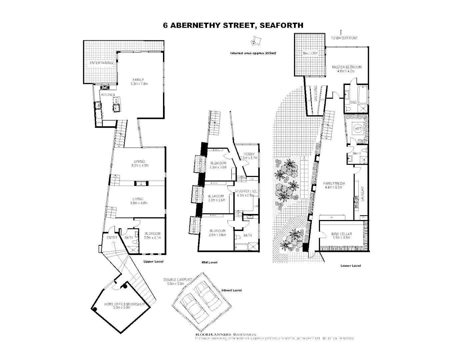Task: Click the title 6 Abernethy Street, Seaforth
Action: [x=233, y=25]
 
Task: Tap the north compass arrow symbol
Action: [x=255, y=42]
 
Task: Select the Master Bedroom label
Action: [x=347, y=67]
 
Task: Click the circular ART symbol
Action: [x=358, y=129]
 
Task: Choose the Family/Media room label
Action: [x=334, y=183]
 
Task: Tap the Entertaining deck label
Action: [x=101, y=63]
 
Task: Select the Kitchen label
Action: [x=108, y=95]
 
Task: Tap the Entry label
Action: [x=112, y=238]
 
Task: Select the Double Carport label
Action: [x=178, y=280]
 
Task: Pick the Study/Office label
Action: [x=246, y=191]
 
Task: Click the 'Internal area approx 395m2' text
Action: [x=254, y=53]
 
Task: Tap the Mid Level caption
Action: [x=210, y=263]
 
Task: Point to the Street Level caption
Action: [x=232, y=290]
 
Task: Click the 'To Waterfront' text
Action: [x=344, y=38]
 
